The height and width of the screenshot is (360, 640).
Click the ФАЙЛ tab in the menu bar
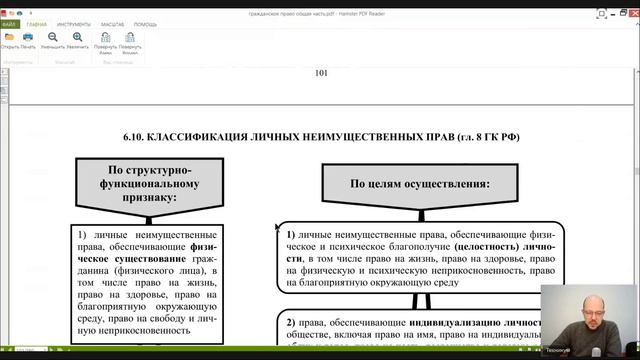pos(9,23)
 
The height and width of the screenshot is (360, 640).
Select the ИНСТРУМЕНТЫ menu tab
pos(73,23)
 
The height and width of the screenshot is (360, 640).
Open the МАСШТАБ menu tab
pos(111,23)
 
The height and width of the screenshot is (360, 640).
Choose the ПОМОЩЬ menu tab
pos(145,23)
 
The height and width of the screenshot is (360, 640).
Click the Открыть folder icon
pos(10,39)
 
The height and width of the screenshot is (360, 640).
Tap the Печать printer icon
pos(28,39)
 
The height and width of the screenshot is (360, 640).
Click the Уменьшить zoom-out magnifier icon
pos(53,39)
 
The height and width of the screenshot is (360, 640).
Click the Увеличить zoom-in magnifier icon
pos(78,39)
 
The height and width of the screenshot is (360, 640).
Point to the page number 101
pos(321,73)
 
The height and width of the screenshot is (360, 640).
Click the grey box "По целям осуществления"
pos(419,185)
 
